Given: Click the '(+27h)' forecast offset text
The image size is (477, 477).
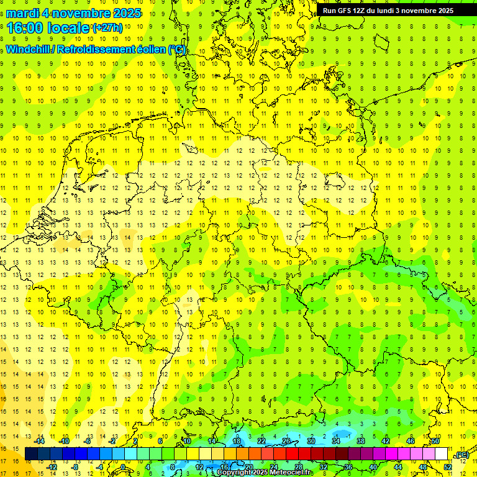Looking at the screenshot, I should point(108,28).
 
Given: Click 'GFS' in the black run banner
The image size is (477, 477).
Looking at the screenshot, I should point(348,11).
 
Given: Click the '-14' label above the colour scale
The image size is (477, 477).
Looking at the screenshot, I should point(40,441).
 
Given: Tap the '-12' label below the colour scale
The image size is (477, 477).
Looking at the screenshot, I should point(52,467).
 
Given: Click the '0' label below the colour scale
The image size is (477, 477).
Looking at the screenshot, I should point(123,467).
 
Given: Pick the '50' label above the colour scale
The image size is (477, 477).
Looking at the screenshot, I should point(435,441).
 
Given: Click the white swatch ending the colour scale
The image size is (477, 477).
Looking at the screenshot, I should point(441,454).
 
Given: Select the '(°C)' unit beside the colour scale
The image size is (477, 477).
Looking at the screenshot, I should point(461,455).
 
